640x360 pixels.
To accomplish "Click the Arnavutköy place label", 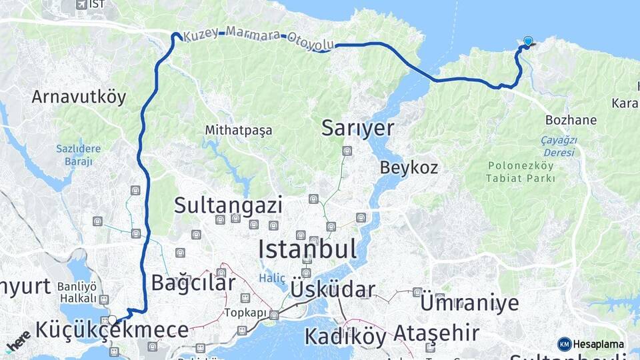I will tap(79, 97).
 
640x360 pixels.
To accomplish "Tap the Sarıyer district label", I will tap(357, 128).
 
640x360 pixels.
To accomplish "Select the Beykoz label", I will tap(409, 167).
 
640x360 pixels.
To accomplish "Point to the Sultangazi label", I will tap(228, 205).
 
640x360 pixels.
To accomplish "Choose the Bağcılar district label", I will tap(193, 283).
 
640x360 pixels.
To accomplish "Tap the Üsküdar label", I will tap(333, 289).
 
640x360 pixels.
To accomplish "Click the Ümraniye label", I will tap(469, 302).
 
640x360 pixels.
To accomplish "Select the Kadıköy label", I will tap(346, 335).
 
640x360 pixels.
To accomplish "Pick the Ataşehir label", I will tap(436, 332).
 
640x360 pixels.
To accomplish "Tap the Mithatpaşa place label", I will tap(239, 131).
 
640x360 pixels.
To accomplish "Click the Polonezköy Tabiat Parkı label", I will tap(521, 172).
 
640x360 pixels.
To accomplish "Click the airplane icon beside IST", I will tap(81, 5).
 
